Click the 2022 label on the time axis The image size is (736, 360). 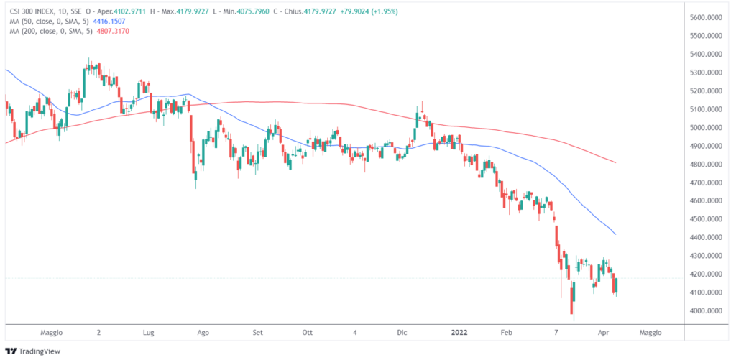coord(459,333)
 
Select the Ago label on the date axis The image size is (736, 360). coord(203,333)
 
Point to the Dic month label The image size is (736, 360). coord(402,333)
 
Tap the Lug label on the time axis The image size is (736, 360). coord(149,333)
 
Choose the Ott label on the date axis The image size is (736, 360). coord(308,333)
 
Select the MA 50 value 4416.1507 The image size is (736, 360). coord(115,22)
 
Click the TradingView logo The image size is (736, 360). coord(34,351)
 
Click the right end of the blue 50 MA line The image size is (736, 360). coord(616,234)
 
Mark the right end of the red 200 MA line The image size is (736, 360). coord(616,163)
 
